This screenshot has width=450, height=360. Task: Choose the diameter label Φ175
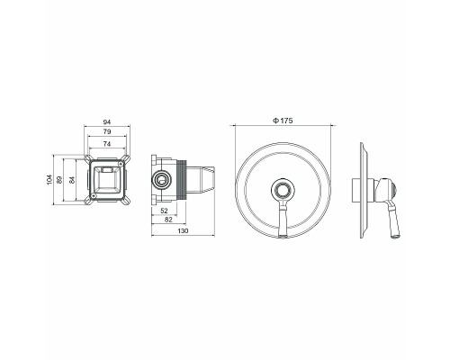click(283, 122)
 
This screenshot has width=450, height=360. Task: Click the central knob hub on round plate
click(282, 190)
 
